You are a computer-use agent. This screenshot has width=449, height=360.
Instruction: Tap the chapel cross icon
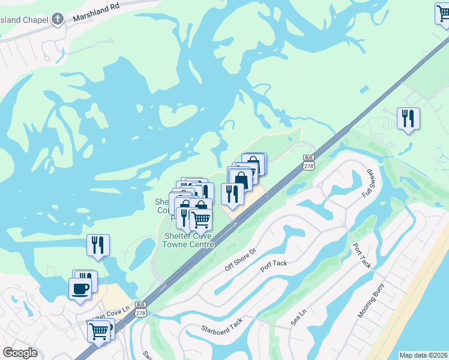coord(58,19)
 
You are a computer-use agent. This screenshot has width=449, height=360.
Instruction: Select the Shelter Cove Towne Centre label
coord(189,240)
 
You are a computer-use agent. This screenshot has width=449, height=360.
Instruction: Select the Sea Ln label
coord(298,317)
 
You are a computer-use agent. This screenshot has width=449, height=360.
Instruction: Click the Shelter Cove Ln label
coord(108,315)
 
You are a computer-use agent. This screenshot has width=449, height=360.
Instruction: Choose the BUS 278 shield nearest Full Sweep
coord(309,163)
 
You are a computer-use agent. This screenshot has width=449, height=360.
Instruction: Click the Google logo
coord(20,353)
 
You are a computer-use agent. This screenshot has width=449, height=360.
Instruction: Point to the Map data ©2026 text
coord(424,355)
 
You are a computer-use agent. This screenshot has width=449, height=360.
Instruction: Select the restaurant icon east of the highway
coord(408,119)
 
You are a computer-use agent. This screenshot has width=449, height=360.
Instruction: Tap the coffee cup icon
coord(79,289)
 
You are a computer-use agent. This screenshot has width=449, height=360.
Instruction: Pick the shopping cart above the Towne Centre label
coord(200,220)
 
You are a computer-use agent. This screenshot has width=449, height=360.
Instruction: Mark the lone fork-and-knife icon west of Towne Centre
coord(98,245)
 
